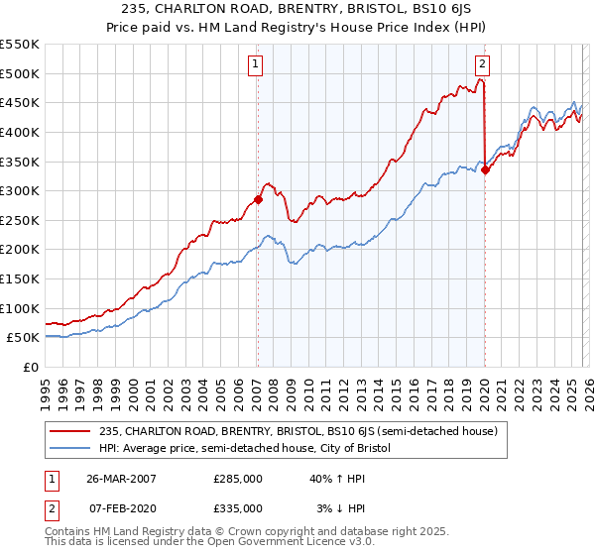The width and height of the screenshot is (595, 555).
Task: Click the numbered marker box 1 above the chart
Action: [256, 65]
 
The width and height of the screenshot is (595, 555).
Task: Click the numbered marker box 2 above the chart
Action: [482, 65]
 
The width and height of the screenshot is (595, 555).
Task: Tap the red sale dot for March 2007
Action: [258, 199]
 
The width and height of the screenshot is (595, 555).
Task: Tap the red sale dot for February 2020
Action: [485, 169]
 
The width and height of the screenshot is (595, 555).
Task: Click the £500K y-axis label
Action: [21, 73]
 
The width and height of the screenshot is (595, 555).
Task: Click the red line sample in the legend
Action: [70, 430]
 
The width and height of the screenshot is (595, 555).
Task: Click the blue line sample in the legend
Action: [70, 448]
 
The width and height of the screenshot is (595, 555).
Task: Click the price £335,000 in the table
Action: [237, 507]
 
